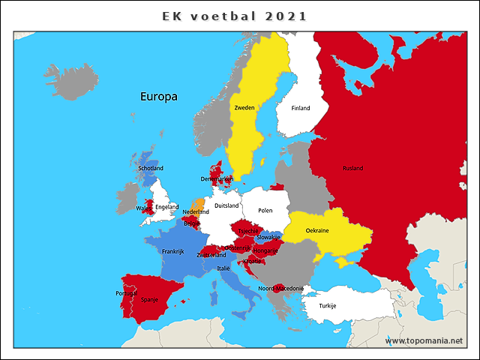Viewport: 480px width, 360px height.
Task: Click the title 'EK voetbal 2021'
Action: point(235,16)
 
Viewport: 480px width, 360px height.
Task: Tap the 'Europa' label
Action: point(158,97)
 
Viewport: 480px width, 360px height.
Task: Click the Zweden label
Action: point(244,108)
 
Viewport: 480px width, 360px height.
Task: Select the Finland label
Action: point(300,108)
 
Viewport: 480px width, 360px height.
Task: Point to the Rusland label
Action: point(352,168)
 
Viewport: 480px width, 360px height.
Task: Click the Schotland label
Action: point(151,168)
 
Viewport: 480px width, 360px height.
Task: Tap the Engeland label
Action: point(166,207)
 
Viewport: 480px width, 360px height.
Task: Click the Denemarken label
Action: point(217,179)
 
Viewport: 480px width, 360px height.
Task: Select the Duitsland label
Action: point(226,205)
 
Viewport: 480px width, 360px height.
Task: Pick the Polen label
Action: point(265,211)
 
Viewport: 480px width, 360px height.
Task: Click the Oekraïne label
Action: point(317,231)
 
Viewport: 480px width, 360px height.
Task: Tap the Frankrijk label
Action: point(173,251)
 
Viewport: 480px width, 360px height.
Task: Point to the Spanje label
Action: point(150,299)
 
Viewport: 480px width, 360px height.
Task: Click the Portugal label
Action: point(126,293)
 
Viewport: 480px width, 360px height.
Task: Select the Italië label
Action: point(223,268)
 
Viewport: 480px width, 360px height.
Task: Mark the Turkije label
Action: point(328,305)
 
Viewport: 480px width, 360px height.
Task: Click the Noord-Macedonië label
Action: point(280,289)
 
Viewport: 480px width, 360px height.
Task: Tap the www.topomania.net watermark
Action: point(424,340)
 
